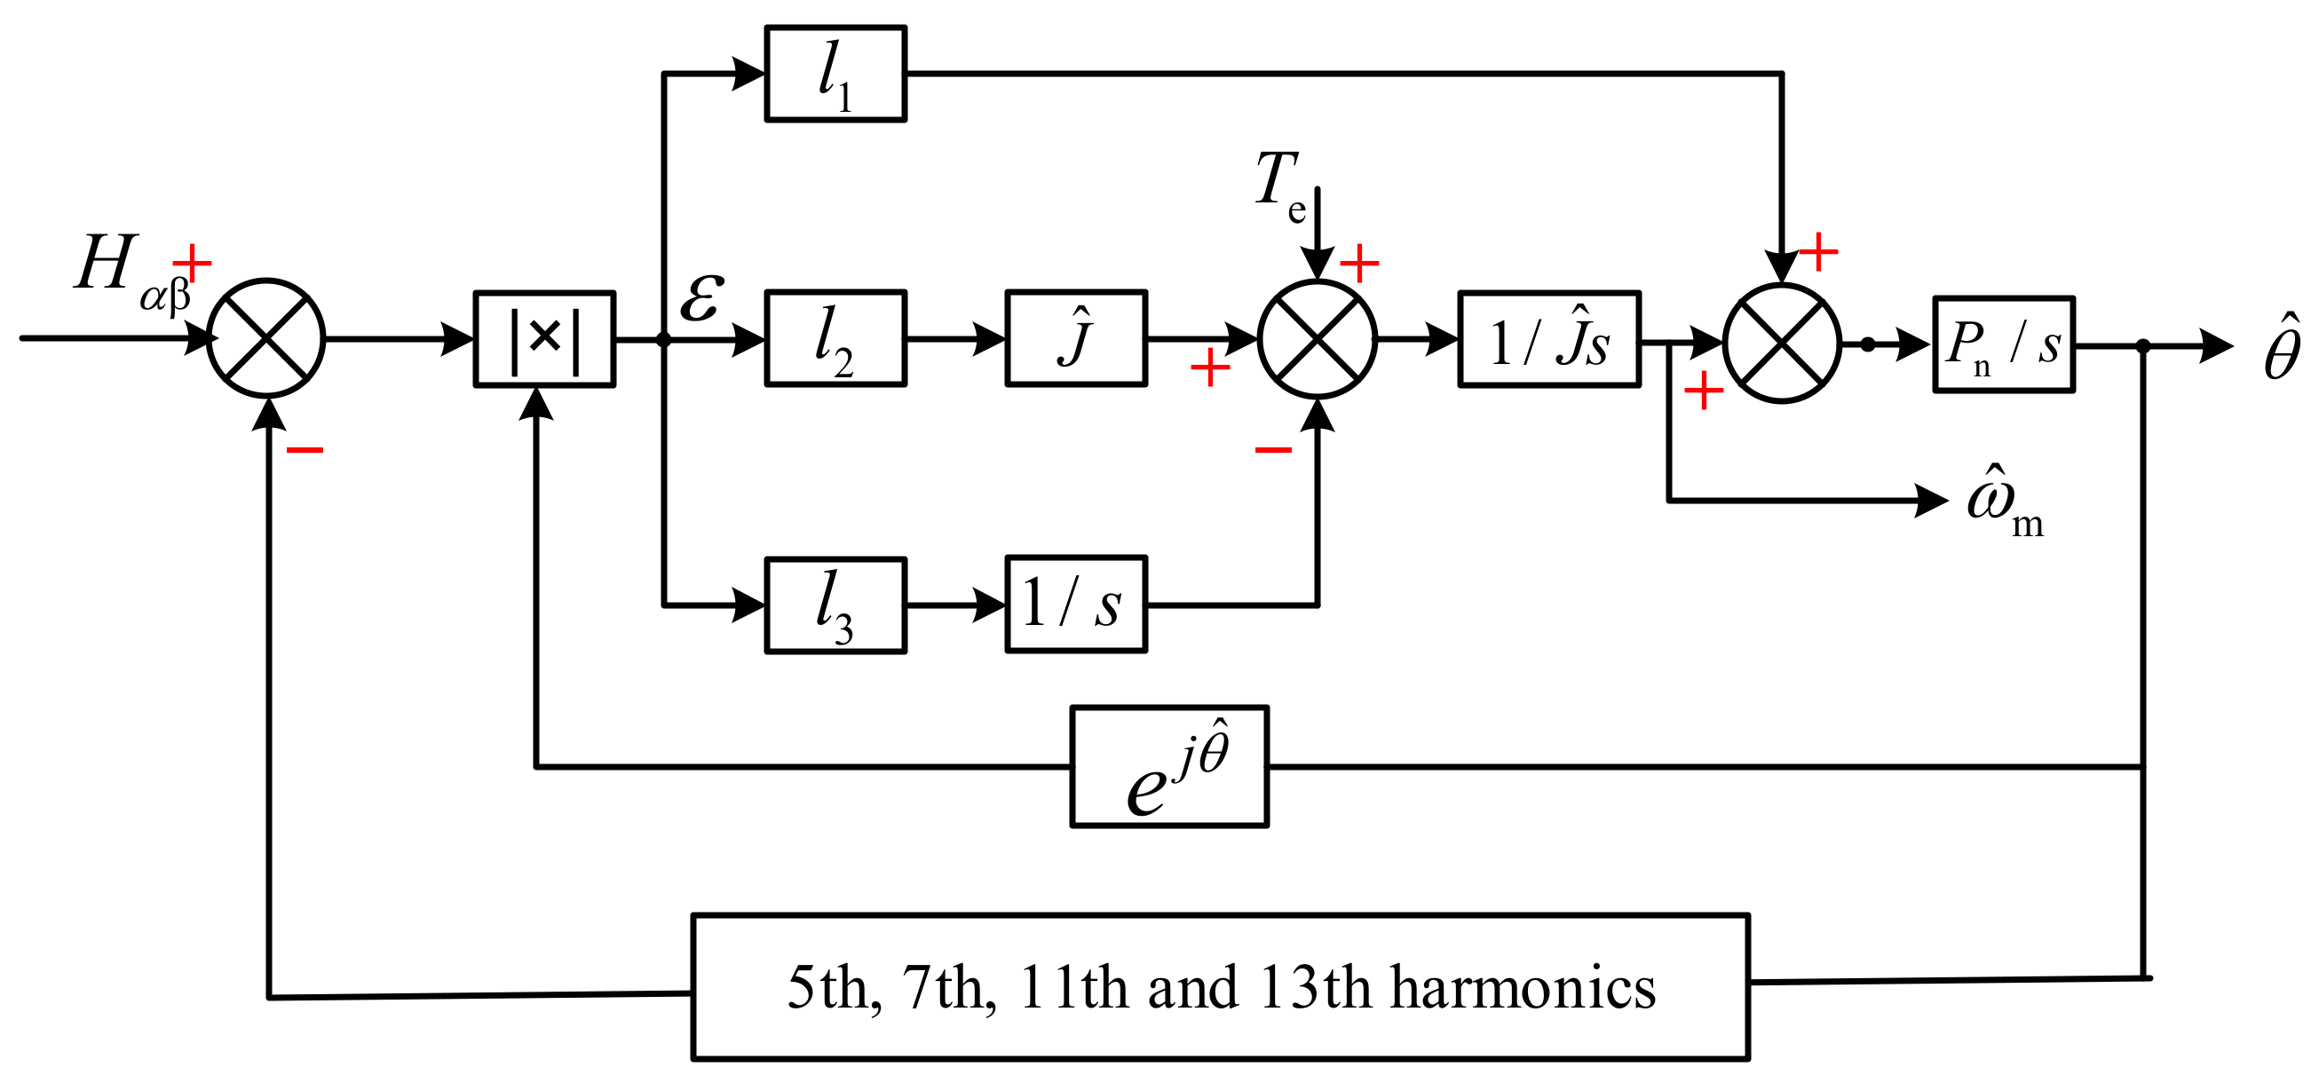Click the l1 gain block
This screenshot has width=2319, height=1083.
(x=835, y=74)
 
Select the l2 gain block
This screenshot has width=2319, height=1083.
(x=835, y=338)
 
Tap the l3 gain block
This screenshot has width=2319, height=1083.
(x=835, y=605)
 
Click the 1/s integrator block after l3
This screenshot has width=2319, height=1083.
(x=1075, y=604)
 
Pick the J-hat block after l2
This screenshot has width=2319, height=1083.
(x=1075, y=338)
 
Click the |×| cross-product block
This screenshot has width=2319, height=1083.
(x=543, y=339)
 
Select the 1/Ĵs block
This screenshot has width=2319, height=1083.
(x=1548, y=339)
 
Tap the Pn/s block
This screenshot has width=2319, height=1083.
(x=2003, y=344)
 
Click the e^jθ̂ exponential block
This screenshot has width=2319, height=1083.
(x=1168, y=767)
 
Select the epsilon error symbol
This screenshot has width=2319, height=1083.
(x=700, y=300)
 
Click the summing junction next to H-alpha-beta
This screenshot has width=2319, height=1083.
(x=265, y=338)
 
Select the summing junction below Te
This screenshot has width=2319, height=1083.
(x=1316, y=339)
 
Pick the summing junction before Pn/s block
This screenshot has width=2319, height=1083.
(x=1782, y=344)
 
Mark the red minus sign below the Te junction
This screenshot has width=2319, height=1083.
(x=1273, y=449)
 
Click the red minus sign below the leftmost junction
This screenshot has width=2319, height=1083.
(x=305, y=449)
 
